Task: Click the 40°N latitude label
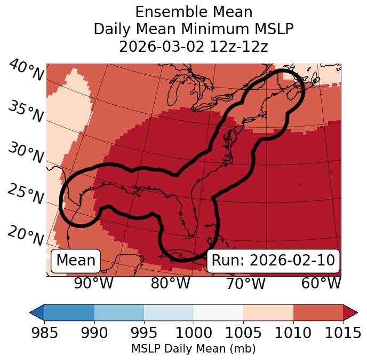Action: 26,71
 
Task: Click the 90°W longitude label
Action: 93,284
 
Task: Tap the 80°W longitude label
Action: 170,284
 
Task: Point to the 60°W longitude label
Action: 321,284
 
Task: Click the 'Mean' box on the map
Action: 76,261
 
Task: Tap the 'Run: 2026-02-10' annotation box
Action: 273,261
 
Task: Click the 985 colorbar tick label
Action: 44,333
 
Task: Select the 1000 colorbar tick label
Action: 194,333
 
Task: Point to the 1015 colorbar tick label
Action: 342,333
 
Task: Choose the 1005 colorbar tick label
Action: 243,333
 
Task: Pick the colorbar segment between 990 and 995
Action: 119,312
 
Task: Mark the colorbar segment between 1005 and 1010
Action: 268,312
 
